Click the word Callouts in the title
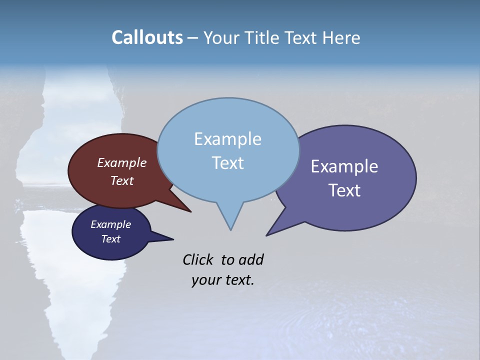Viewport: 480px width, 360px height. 147,37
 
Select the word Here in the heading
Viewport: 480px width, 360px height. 342,38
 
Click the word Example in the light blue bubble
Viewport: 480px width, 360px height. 227,139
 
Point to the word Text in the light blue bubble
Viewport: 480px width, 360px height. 227,163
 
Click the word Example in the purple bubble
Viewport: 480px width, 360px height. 344,166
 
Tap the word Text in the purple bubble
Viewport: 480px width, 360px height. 344,190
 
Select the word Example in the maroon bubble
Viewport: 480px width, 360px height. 121,163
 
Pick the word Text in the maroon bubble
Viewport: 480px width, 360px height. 121,181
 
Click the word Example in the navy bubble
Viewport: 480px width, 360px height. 110,224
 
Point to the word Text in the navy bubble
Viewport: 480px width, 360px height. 110,239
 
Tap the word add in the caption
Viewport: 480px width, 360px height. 250,259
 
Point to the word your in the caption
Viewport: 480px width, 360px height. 206,280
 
